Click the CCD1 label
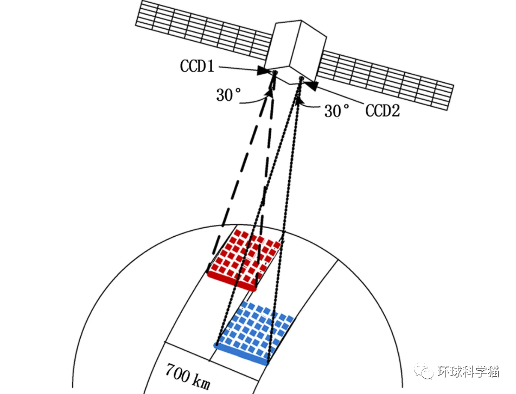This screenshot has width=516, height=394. tap(198, 67)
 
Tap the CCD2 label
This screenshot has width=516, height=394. tap(383, 111)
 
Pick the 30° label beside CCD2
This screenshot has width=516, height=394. tap(337, 111)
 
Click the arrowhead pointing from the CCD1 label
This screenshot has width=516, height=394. tap(264, 71)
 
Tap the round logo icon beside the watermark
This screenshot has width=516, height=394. tap(424, 371)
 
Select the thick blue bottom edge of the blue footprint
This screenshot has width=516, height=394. tap(241, 353)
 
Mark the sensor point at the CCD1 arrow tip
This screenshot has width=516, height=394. tap(274, 73)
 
